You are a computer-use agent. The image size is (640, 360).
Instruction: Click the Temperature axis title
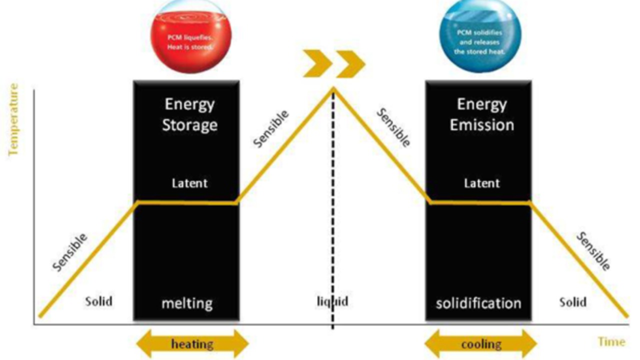click(13, 120)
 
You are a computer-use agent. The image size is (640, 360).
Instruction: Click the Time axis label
click(611, 342)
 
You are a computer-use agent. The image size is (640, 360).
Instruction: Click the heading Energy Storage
click(189, 114)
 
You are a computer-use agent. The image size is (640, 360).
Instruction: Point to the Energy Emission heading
click(481, 114)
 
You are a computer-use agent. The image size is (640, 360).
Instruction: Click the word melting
click(186, 303)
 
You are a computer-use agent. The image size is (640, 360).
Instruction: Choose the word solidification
click(478, 303)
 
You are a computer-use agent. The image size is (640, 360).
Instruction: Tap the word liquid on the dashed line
click(332, 301)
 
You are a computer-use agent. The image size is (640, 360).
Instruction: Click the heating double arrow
click(192, 344)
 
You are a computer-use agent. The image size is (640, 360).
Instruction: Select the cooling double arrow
click(480, 344)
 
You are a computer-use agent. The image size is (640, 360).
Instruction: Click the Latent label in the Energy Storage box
click(189, 183)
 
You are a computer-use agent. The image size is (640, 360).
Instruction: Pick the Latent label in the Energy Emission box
click(481, 183)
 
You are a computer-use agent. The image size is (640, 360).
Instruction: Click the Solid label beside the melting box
click(98, 301)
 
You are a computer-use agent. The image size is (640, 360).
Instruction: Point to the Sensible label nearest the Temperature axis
click(70, 252)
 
